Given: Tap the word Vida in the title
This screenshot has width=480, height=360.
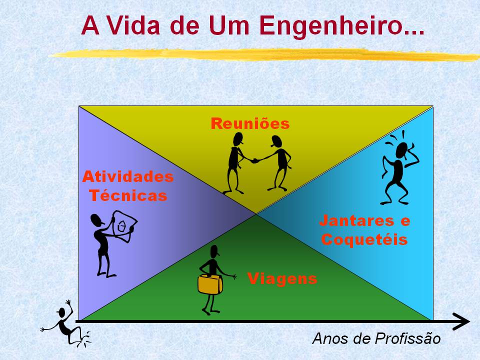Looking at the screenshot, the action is pos(134,25).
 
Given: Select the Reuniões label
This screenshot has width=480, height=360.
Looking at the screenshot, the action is pos(250,123).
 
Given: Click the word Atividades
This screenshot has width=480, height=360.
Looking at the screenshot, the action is pos(128,176).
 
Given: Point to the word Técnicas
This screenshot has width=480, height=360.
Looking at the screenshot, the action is pos(128,195).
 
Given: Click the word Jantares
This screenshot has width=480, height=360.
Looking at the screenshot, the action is pos(356,220).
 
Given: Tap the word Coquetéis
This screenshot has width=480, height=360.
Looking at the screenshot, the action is pos(364,239).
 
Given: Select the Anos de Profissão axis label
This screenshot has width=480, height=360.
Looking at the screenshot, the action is pos(376,338).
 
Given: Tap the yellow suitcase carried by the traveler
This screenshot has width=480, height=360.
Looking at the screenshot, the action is pos(210,284).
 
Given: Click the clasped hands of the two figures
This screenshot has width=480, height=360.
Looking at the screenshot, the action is pos(254,160).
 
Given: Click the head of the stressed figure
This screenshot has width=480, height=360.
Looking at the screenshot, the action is pos(402,150).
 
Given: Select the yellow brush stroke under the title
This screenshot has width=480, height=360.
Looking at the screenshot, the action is pos(264,54).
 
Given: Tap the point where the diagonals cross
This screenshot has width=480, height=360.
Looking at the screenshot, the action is pos(256,213).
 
